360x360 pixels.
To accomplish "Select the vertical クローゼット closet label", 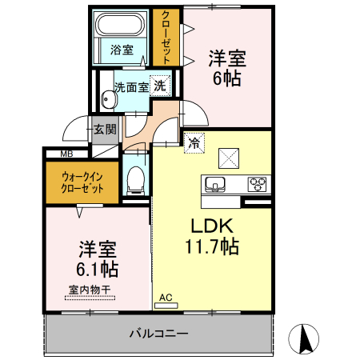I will pos(166,37).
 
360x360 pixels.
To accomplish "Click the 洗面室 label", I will pos(130,86).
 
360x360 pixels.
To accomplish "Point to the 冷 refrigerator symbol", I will pos(194,143).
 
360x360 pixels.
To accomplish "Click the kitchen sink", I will pos(215,185).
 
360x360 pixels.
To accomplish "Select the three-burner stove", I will pos(258,184).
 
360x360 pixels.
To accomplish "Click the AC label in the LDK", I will pos(166,298).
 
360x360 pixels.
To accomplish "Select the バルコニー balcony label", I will pos(159,332).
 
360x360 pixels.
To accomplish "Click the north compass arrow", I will pos(305,339).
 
